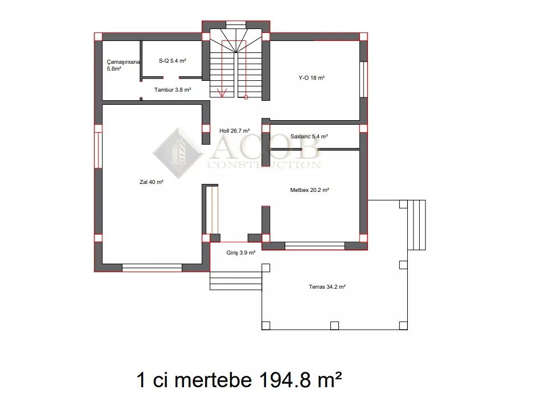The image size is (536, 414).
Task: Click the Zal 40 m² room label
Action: tap(152, 182)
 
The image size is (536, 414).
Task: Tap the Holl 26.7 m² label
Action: tap(235, 130)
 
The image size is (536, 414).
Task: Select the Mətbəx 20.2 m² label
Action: tap(309, 190)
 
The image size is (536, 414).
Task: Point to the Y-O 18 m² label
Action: tap(312, 78)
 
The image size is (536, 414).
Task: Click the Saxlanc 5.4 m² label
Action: tap(309, 137)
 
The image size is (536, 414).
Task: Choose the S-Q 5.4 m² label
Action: tap(172, 61)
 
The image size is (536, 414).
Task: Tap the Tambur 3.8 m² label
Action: tap(172, 90)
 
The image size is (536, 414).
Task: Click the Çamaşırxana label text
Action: tap(124, 62)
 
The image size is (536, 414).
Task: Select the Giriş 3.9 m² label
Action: tap(240, 253)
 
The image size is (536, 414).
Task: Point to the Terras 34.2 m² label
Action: tap(327, 287)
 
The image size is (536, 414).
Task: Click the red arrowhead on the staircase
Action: tap(222, 93)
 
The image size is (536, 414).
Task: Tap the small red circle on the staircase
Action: tap(246, 97)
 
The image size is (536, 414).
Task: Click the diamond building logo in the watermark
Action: tap(178, 153)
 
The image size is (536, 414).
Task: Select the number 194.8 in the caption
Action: tap(285, 379)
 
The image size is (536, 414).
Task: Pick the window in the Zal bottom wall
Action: tap(152, 268)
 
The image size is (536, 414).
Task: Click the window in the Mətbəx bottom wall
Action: tap(314, 246)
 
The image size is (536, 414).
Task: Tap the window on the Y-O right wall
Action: tap(363, 79)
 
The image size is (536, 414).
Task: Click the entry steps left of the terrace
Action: tap(236, 281)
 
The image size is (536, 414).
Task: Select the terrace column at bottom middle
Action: tap(335, 326)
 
